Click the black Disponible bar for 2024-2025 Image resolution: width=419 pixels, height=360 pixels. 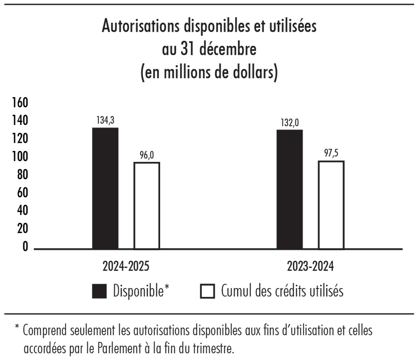105,188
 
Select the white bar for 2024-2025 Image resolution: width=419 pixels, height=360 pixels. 147,206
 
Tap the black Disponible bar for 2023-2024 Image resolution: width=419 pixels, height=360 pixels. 290,189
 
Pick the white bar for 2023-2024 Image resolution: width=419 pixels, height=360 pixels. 331,205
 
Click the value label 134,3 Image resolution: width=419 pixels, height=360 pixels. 105,120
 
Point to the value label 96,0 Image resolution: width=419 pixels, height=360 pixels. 147,155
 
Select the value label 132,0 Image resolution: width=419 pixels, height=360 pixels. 290,123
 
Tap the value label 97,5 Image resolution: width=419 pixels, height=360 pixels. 331,154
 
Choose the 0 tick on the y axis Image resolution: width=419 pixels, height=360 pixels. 25,247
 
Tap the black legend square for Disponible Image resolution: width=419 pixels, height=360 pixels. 99,292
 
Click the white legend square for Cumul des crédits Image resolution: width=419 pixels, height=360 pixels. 208,292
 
